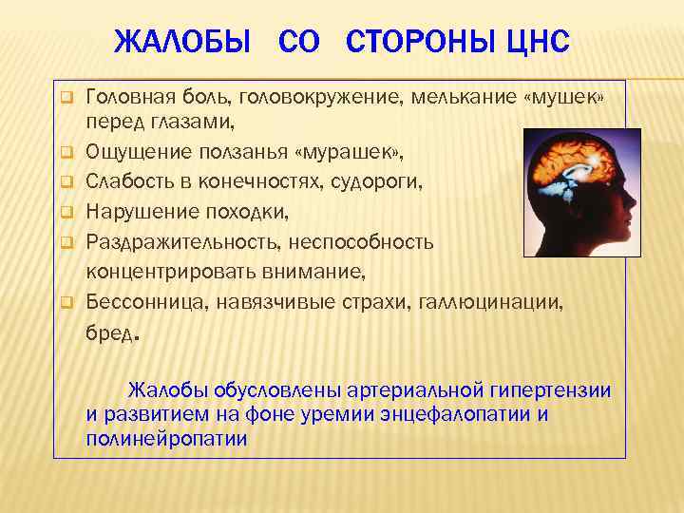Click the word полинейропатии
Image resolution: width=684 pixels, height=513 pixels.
pos(166,438)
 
